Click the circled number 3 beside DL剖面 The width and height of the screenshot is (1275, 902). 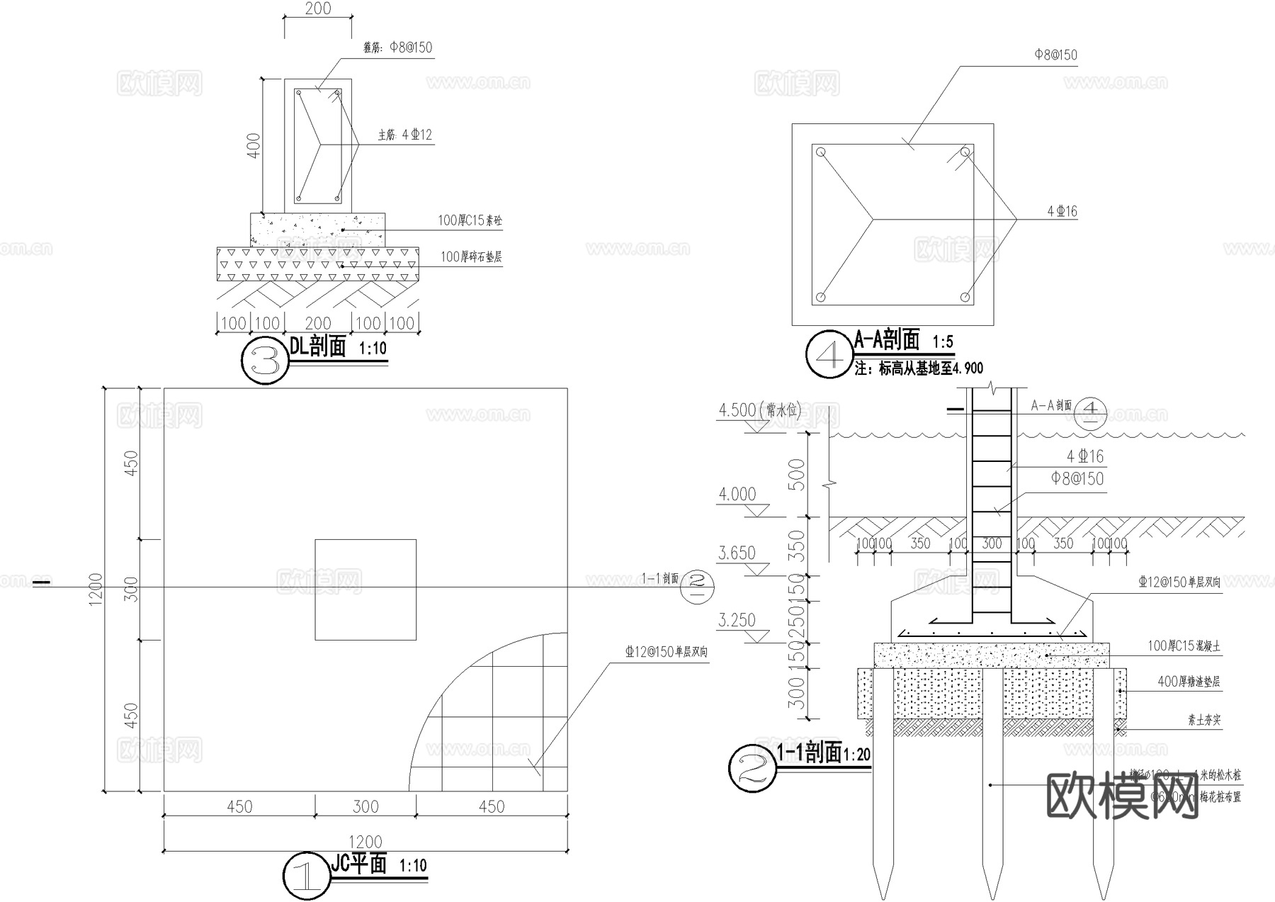click(265, 361)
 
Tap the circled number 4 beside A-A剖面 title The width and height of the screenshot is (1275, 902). click(829, 354)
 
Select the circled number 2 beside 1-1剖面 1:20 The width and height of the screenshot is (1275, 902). click(752, 767)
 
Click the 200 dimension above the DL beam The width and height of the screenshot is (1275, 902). click(318, 9)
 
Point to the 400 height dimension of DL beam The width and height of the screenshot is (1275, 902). click(254, 145)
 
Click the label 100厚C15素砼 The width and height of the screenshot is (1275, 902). click(470, 221)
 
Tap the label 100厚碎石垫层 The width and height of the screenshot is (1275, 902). click(471, 256)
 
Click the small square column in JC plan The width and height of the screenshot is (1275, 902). click(365, 590)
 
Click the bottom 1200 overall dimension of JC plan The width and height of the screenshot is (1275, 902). click(365, 842)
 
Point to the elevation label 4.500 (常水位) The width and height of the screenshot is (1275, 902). click(758, 410)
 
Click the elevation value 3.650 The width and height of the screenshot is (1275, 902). click(737, 553)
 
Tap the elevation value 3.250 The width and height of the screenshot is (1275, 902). click(737, 620)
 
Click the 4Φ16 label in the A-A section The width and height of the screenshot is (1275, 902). click(1062, 211)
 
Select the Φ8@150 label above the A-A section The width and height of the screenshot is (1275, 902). click(1055, 55)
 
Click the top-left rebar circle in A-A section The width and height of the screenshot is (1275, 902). click(821, 152)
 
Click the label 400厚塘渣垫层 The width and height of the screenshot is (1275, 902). click(1189, 682)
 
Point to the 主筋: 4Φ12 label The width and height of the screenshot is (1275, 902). click(404, 135)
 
